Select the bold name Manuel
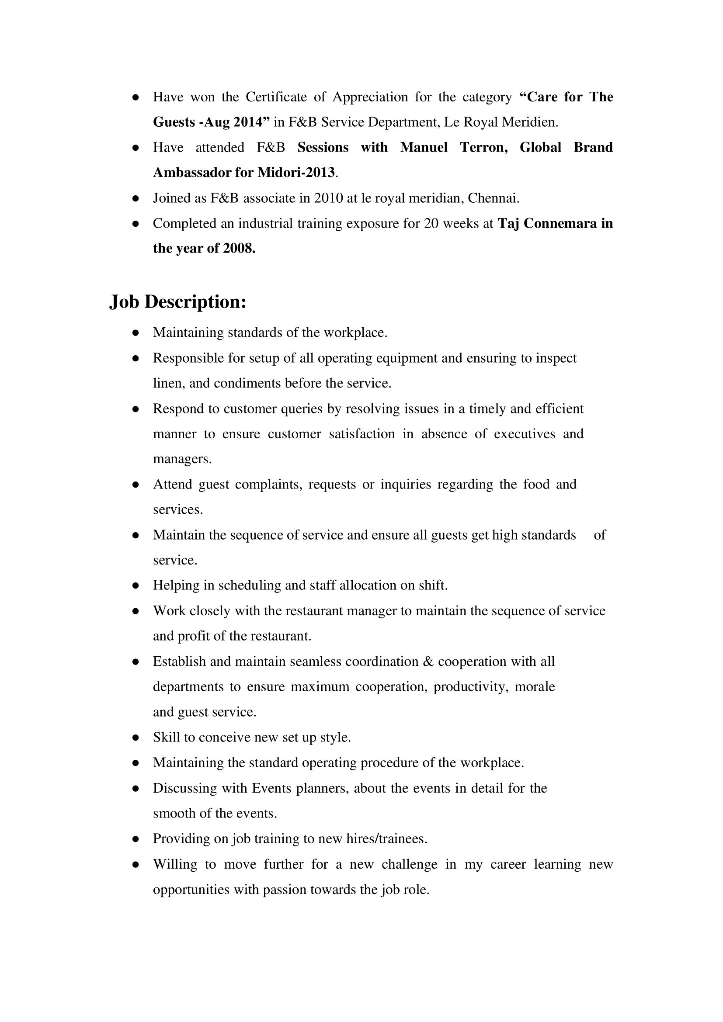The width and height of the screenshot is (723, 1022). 424,147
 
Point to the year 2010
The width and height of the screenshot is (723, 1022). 328,198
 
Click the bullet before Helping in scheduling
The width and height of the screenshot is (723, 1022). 136,586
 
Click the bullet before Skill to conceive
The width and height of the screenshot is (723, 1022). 136,738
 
